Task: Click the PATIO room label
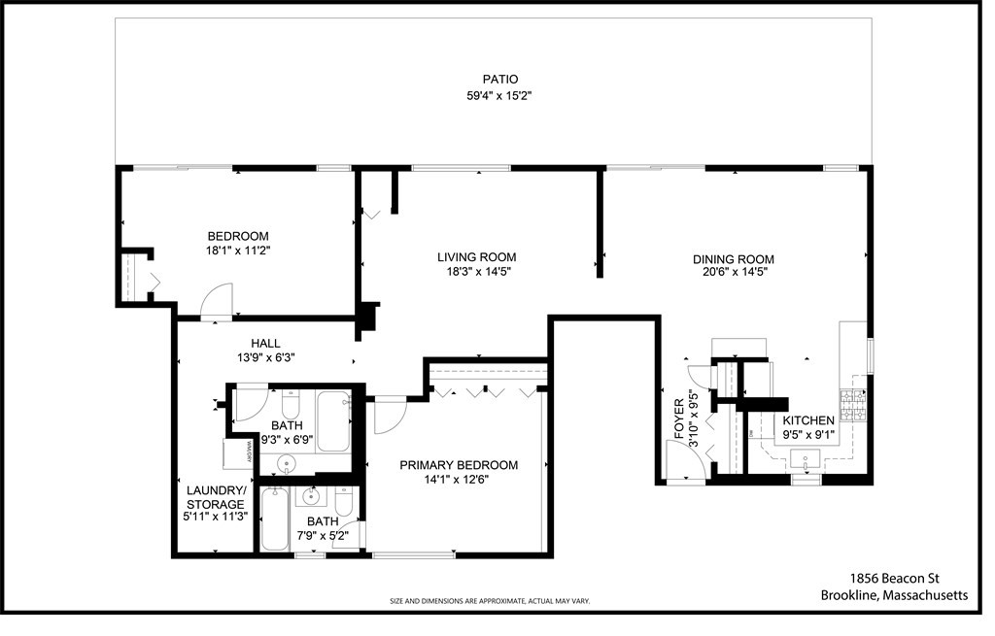[x=500, y=80]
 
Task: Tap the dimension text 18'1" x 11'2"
[x=238, y=251]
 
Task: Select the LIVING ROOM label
[x=476, y=257]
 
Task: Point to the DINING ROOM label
[x=733, y=259]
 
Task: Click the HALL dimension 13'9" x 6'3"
[x=265, y=357]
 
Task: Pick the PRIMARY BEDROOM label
[x=459, y=465]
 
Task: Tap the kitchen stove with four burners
[x=852, y=404]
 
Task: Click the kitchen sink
[x=806, y=458]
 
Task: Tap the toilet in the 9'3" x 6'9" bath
[x=290, y=403]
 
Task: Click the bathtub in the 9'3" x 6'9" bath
[x=333, y=420]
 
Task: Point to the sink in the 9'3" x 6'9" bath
[x=285, y=461]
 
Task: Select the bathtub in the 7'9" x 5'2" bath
[x=275, y=519]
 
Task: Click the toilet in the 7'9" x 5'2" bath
[x=343, y=503]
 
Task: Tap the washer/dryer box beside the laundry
[x=238, y=454]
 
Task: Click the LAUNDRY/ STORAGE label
[x=216, y=504]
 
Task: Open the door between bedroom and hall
[x=217, y=301]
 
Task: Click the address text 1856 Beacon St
[x=894, y=578]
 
